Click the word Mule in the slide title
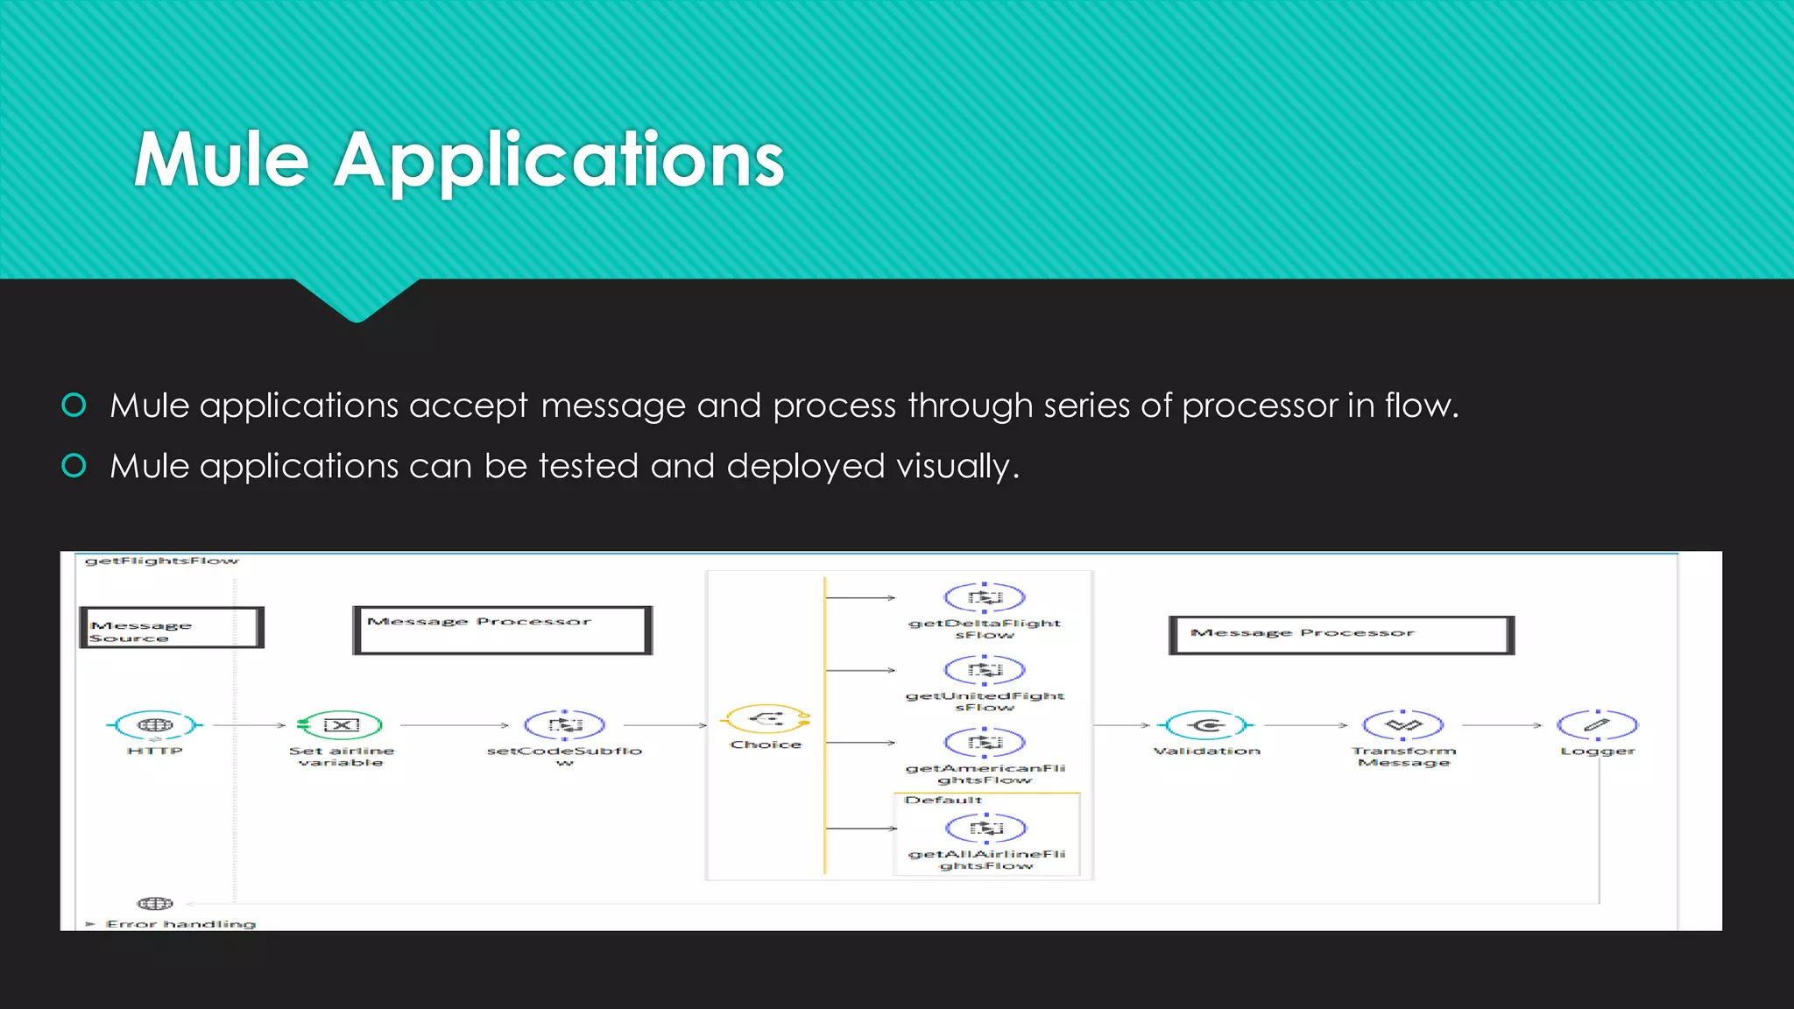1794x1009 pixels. click(222, 159)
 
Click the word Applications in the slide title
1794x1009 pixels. click(558, 161)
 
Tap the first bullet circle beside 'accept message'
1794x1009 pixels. click(74, 405)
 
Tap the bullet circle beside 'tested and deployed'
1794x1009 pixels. click(74, 465)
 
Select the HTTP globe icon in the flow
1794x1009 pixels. click(155, 725)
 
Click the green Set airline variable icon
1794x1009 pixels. click(341, 725)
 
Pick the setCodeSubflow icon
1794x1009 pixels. click(564, 725)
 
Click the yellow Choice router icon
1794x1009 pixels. click(766, 720)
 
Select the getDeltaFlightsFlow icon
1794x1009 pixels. click(985, 598)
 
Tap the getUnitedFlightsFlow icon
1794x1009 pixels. click(985, 671)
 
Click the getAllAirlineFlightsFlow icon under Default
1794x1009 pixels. click(985, 829)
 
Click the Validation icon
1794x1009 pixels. click(1207, 725)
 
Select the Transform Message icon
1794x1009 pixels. click(1403, 725)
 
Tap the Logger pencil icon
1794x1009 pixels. click(1597, 725)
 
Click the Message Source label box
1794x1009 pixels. click(171, 628)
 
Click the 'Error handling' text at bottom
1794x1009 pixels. click(180, 924)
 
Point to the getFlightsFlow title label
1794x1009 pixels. click(161, 561)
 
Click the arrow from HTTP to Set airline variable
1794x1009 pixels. click(249, 725)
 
